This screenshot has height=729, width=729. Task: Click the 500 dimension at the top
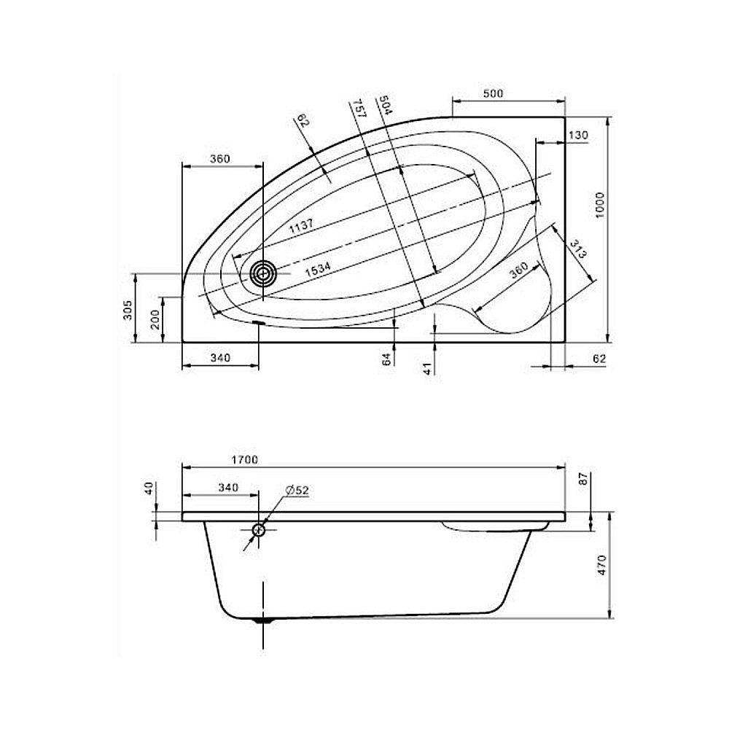pos(494,93)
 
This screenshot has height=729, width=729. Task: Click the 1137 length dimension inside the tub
pos(301,225)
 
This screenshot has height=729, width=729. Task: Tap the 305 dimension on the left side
pos(127,310)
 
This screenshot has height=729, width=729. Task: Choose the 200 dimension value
pos(153,319)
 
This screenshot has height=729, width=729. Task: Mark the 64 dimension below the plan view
pos(387,357)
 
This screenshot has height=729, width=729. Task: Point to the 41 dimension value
pos(427,367)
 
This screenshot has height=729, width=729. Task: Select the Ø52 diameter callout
pos(297,491)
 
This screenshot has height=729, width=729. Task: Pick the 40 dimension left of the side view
pos(149,488)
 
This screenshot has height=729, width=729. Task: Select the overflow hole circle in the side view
pos(259,530)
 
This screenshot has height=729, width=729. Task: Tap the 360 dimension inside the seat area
pos(518,271)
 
